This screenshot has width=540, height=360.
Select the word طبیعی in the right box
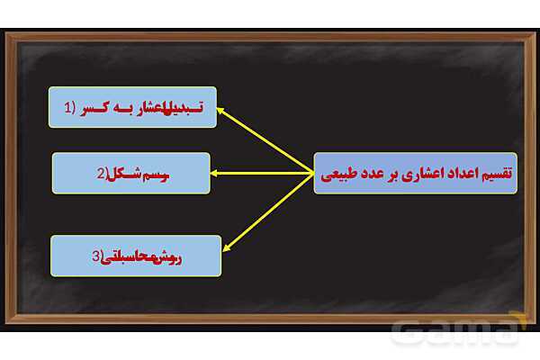click(339, 175)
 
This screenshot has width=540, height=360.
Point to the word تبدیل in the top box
click(184, 107)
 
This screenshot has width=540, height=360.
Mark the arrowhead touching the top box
click(221, 111)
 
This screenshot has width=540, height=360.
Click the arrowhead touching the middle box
click(215, 174)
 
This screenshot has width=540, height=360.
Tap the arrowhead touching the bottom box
click(226, 246)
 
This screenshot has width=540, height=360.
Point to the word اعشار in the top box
click(147, 107)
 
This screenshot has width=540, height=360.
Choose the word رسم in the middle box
click(157, 174)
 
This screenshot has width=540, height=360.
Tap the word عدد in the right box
click(370, 175)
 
